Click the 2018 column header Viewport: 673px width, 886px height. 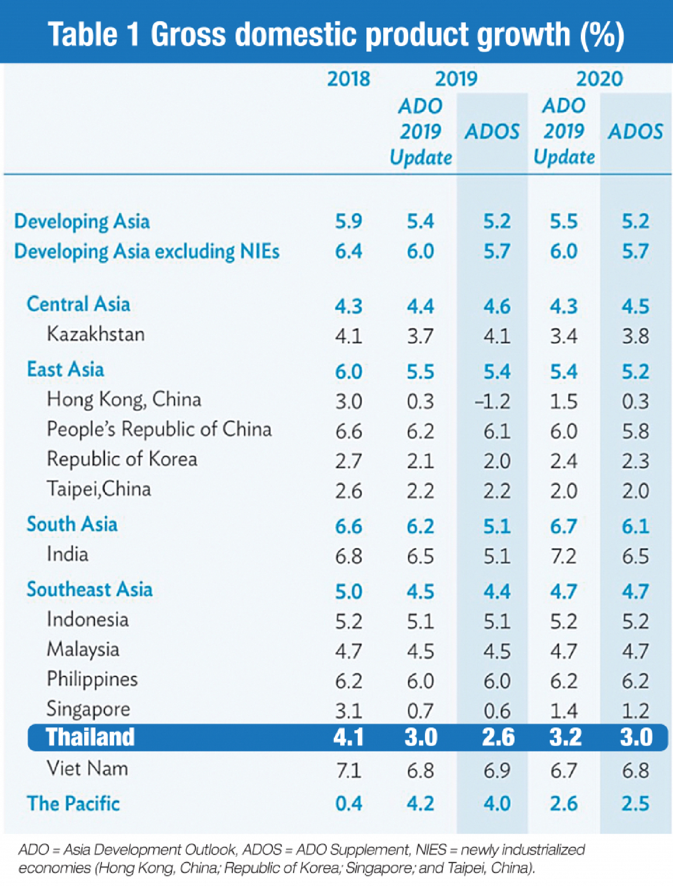(348, 79)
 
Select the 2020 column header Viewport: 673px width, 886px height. (599, 79)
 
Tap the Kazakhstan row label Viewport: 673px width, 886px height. (95, 334)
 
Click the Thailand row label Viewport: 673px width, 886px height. (90, 737)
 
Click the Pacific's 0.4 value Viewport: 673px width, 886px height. (348, 804)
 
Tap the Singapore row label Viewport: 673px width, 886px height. (88, 710)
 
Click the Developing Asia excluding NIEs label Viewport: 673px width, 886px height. (147, 252)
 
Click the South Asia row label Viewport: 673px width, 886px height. (72, 524)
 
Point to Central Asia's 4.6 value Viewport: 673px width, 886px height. (497, 307)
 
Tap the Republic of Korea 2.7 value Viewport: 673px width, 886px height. (348, 461)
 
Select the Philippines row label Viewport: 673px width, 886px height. (92, 680)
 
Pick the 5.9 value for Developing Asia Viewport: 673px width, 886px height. (348, 221)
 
